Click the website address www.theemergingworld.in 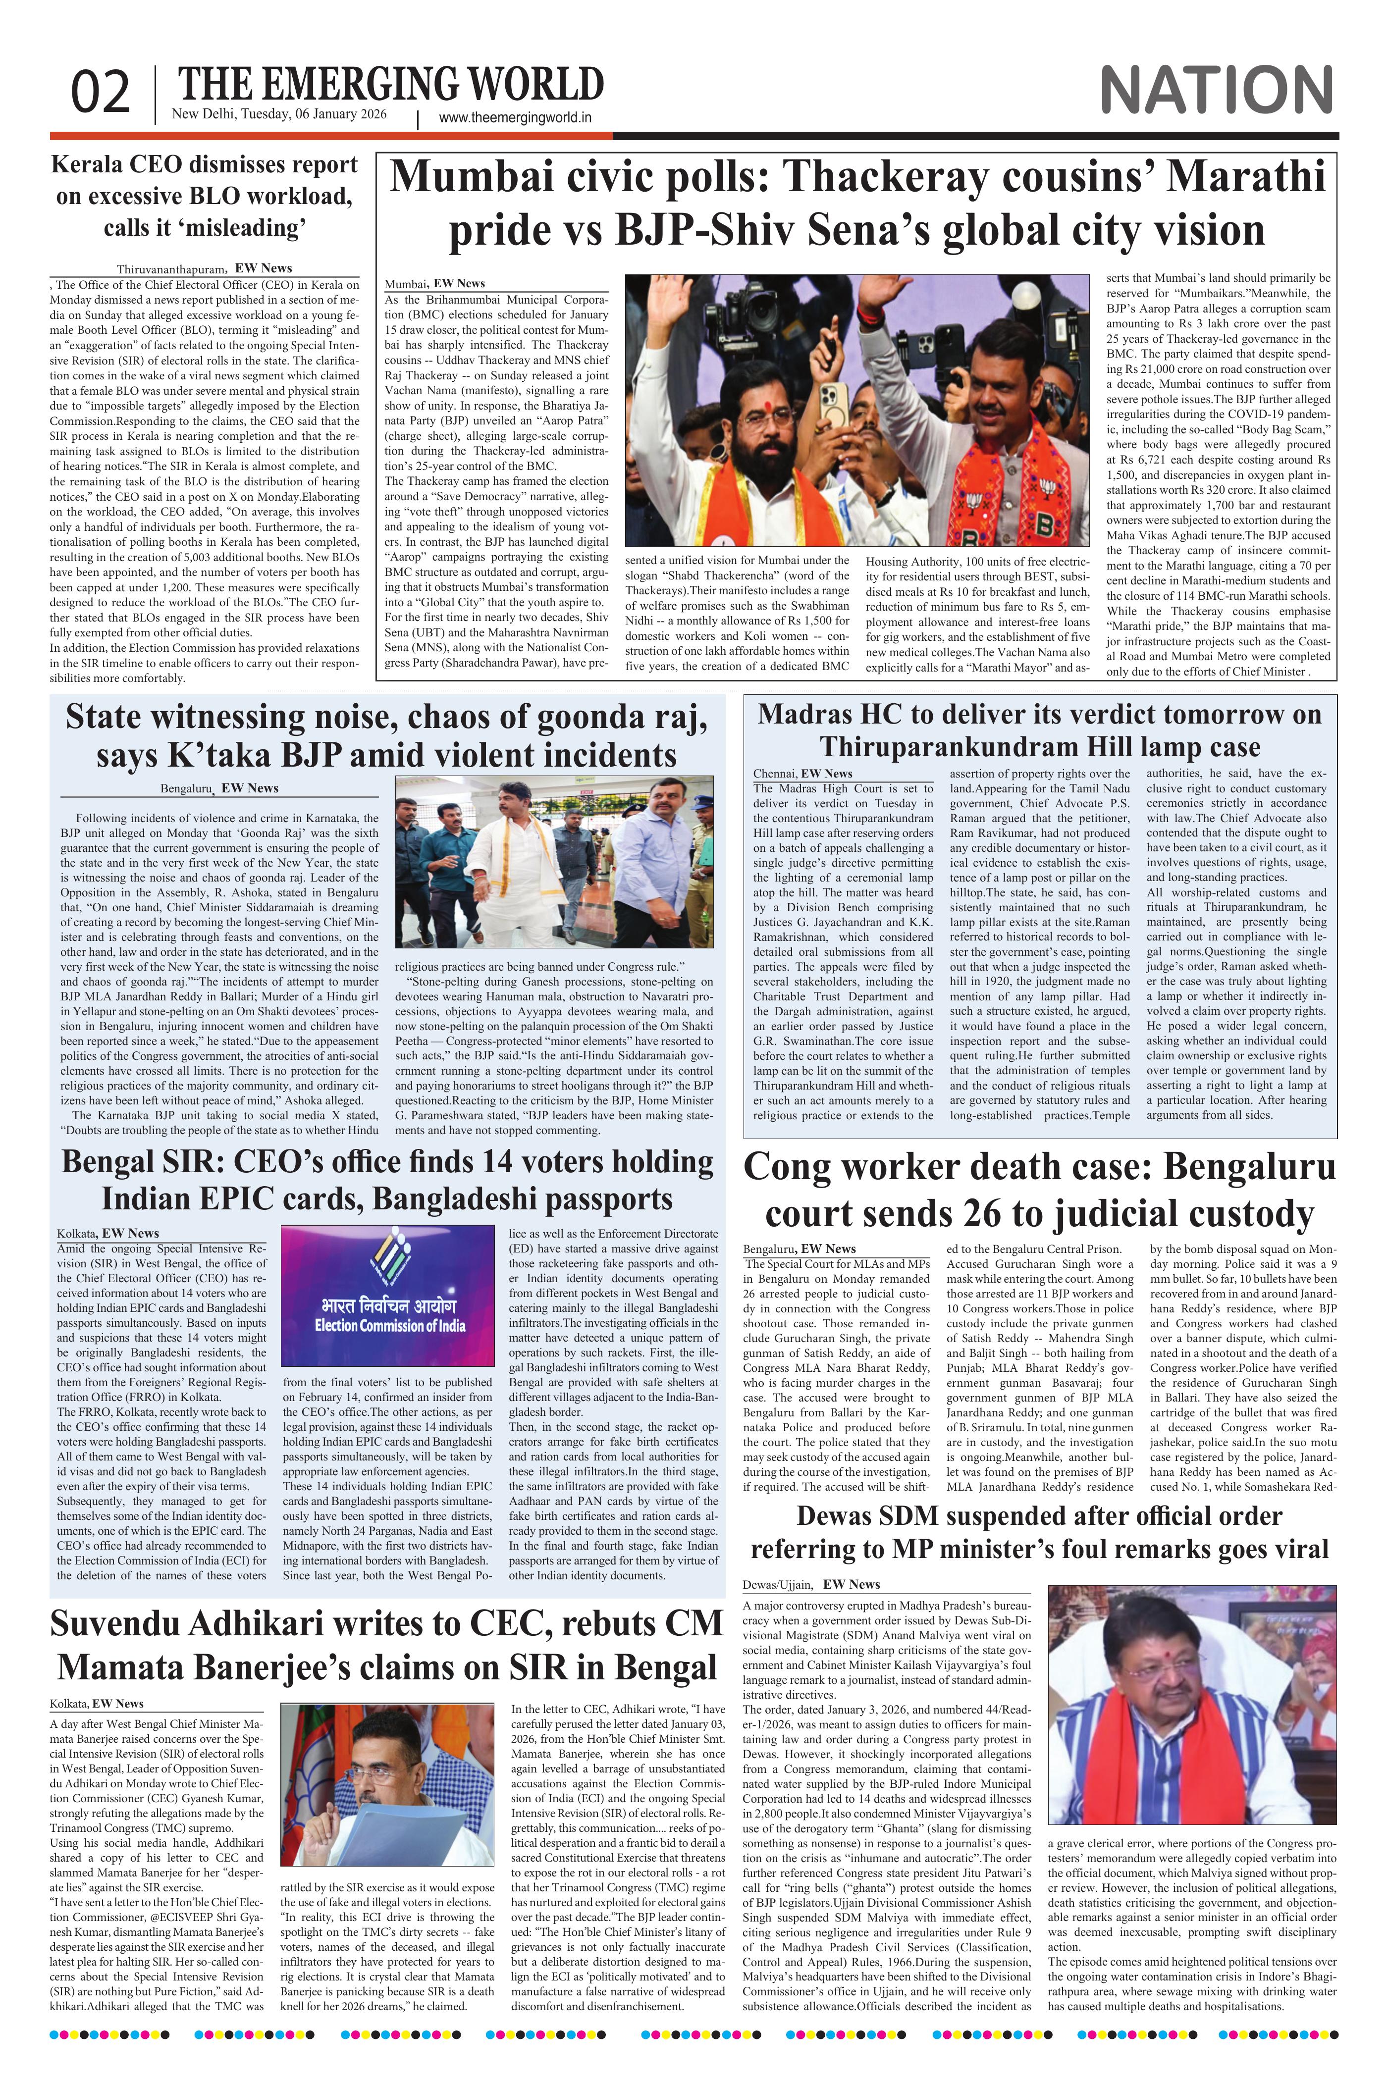515,118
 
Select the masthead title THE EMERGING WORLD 391,85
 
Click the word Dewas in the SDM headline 840,1516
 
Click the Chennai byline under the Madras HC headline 775,774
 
